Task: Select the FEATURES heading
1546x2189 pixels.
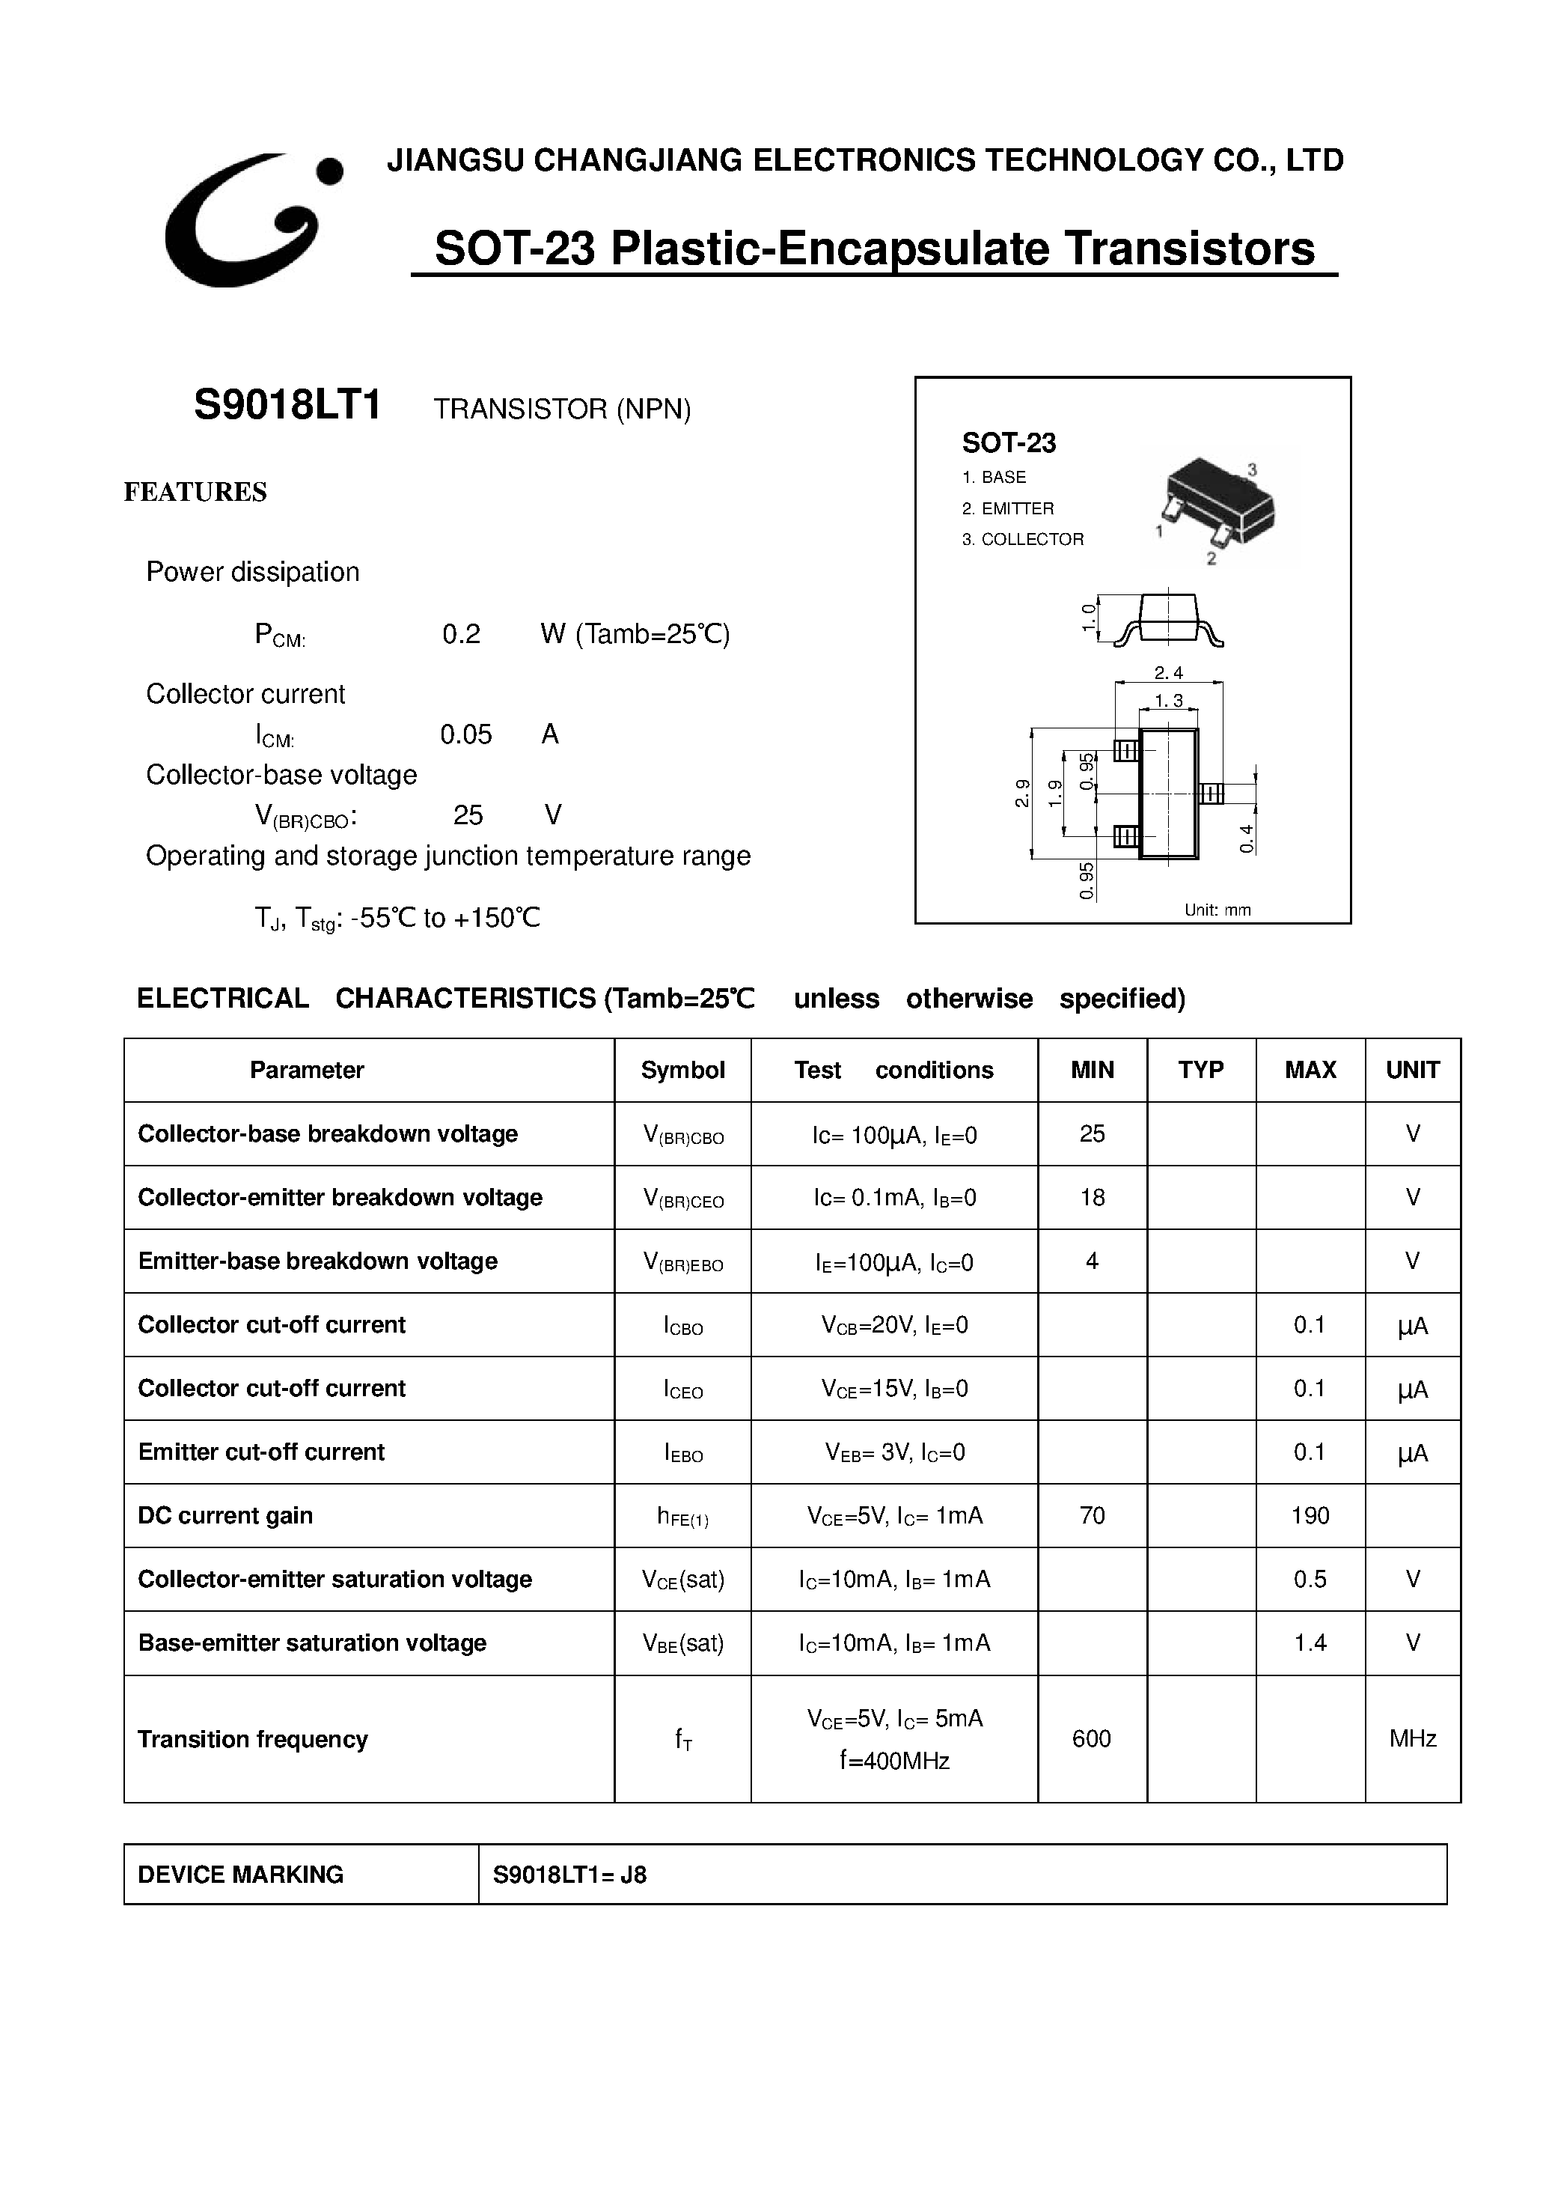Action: point(195,492)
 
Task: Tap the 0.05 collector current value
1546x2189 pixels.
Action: point(465,734)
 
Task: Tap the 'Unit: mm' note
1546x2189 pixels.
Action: point(1217,910)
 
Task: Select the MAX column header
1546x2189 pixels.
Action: point(1310,1070)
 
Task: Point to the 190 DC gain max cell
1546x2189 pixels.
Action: point(1310,1516)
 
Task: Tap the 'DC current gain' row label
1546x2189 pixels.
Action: point(225,1516)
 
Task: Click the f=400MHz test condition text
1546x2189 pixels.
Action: point(894,1761)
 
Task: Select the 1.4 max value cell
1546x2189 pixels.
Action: point(1310,1642)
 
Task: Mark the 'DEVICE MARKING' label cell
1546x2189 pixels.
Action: point(240,1875)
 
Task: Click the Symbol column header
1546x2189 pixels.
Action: point(682,1070)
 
